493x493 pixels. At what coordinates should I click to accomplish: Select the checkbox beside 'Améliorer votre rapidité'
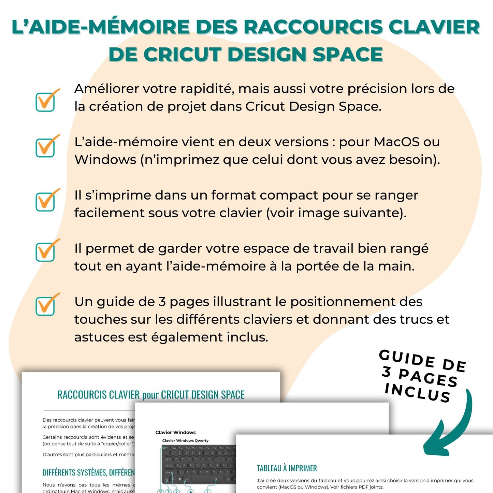coord(45,102)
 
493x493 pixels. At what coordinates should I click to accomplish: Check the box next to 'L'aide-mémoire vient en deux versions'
coord(45,147)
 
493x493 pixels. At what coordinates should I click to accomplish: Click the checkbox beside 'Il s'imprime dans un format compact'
coord(45,201)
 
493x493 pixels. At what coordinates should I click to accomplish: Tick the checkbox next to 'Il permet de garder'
coord(45,252)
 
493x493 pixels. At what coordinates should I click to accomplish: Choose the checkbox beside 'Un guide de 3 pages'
coord(45,306)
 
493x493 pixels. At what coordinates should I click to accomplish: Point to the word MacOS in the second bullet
coord(396,142)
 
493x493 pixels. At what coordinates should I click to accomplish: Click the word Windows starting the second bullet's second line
coord(105,160)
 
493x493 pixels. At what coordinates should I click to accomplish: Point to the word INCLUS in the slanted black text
coord(417,393)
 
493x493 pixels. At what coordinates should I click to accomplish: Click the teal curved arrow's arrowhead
coord(435,445)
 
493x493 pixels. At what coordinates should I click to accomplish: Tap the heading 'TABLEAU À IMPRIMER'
coord(287,468)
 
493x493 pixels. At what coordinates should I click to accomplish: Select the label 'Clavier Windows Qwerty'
coord(185,440)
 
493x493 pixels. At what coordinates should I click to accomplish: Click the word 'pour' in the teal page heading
coord(150,395)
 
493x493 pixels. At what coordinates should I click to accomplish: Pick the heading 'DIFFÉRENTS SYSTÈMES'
coord(88,473)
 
